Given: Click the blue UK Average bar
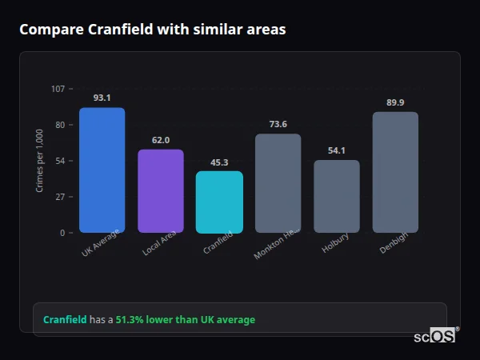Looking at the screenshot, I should point(102,170).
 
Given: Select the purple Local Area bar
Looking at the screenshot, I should point(161,190).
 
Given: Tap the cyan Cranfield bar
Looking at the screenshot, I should point(219,202).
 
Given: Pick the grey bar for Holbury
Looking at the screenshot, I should point(336,196).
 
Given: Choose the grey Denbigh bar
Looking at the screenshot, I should point(395,172).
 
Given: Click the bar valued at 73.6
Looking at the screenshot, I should point(278,182).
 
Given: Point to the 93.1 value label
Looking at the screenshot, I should point(102,98).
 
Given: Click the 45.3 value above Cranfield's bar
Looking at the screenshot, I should point(219,162).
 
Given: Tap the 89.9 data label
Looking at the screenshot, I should point(395,102).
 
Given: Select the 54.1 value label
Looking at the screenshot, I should point(336,150).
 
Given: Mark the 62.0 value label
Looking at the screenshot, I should point(161,140).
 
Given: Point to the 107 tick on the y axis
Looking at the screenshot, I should point(58,89).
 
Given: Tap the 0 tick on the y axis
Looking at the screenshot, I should point(62,233).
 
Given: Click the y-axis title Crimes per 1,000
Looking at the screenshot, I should point(39,160).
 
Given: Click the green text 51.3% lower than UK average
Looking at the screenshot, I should point(185,320).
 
